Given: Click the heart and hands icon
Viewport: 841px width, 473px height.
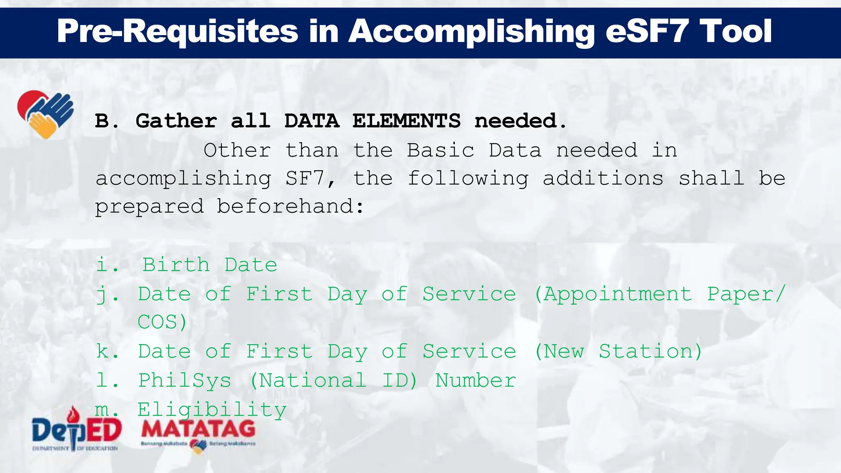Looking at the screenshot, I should tap(45, 114).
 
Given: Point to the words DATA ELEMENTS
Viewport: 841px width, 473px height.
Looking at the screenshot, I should tap(372, 121).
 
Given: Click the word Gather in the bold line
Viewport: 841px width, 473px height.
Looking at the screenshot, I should tap(176, 121).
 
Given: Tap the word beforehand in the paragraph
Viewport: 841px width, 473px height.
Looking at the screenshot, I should tap(290, 207).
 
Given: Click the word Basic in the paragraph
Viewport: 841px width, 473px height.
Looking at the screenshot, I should tap(440, 151).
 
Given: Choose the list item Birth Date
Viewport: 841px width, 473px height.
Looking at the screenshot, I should tap(209, 265).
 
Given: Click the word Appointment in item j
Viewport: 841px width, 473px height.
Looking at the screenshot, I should tap(618, 294).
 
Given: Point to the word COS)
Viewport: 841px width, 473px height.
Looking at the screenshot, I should tap(162, 322).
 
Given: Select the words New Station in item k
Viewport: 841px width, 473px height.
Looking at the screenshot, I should tap(618, 351).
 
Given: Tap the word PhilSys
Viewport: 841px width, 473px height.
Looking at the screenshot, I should tap(185, 381).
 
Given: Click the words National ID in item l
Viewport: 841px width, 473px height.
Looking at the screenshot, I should tap(333, 381).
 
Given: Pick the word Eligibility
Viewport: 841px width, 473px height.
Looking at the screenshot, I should tap(211, 410).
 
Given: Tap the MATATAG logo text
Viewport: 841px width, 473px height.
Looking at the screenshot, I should tap(198, 429).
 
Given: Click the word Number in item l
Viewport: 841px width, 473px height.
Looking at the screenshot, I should tap(475, 381).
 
